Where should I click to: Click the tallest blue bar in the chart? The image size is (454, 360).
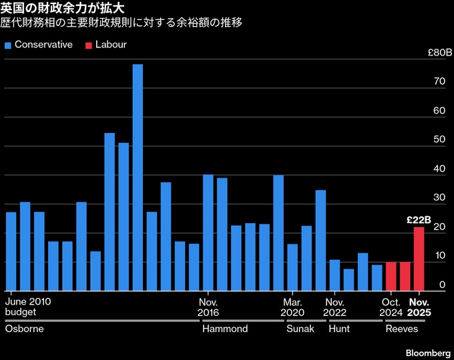tap(138, 177)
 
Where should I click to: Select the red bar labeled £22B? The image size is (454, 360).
tap(419, 259)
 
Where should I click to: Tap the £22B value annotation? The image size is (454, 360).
tap(419, 220)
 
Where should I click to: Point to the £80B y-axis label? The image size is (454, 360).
tap(439, 52)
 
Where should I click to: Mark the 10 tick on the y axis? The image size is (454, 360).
tap(440, 256)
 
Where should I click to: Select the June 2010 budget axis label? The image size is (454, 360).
tap(27, 307)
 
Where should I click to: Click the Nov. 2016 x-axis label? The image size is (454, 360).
tap(209, 307)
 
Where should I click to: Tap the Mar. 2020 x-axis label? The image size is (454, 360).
tap(292, 307)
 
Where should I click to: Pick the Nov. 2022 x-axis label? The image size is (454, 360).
tap(335, 307)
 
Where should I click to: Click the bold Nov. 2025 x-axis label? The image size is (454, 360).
tap(419, 307)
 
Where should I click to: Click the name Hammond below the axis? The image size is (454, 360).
tap(225, 329)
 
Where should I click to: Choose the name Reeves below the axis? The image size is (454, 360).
tap(402, 329)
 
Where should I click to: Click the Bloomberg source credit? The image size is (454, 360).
tap(427, 352)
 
